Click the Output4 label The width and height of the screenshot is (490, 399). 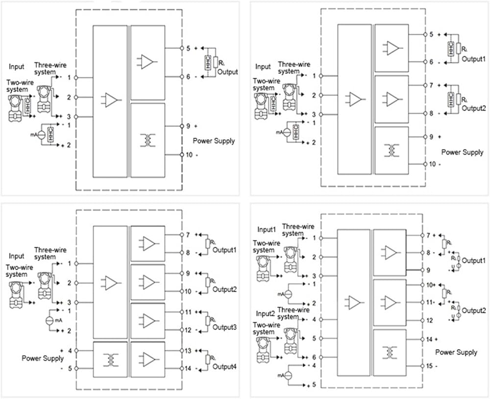click(224, 363)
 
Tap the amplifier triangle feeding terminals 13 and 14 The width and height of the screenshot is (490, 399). click(148, 359)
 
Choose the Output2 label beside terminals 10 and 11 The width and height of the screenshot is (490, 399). click(474, 311)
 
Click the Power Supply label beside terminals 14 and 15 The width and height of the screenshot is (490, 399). click(456, 352)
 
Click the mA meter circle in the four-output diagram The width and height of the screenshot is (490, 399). click(49, 320)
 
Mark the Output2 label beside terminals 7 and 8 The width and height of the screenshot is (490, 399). click(473, 108)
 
